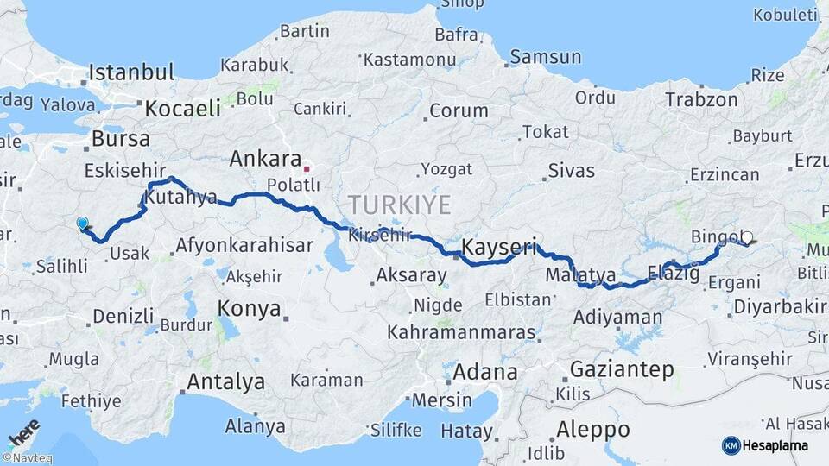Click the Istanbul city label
131,72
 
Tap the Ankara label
263,159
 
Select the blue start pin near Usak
82,224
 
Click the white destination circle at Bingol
747,237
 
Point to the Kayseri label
499,247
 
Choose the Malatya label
580,275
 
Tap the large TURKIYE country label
399,205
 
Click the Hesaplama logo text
776,445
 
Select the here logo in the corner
23,431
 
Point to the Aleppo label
592,429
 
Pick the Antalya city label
225,381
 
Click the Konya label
249,308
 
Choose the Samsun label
545,57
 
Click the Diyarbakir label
779,306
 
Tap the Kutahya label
180,198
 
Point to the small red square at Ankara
306,161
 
